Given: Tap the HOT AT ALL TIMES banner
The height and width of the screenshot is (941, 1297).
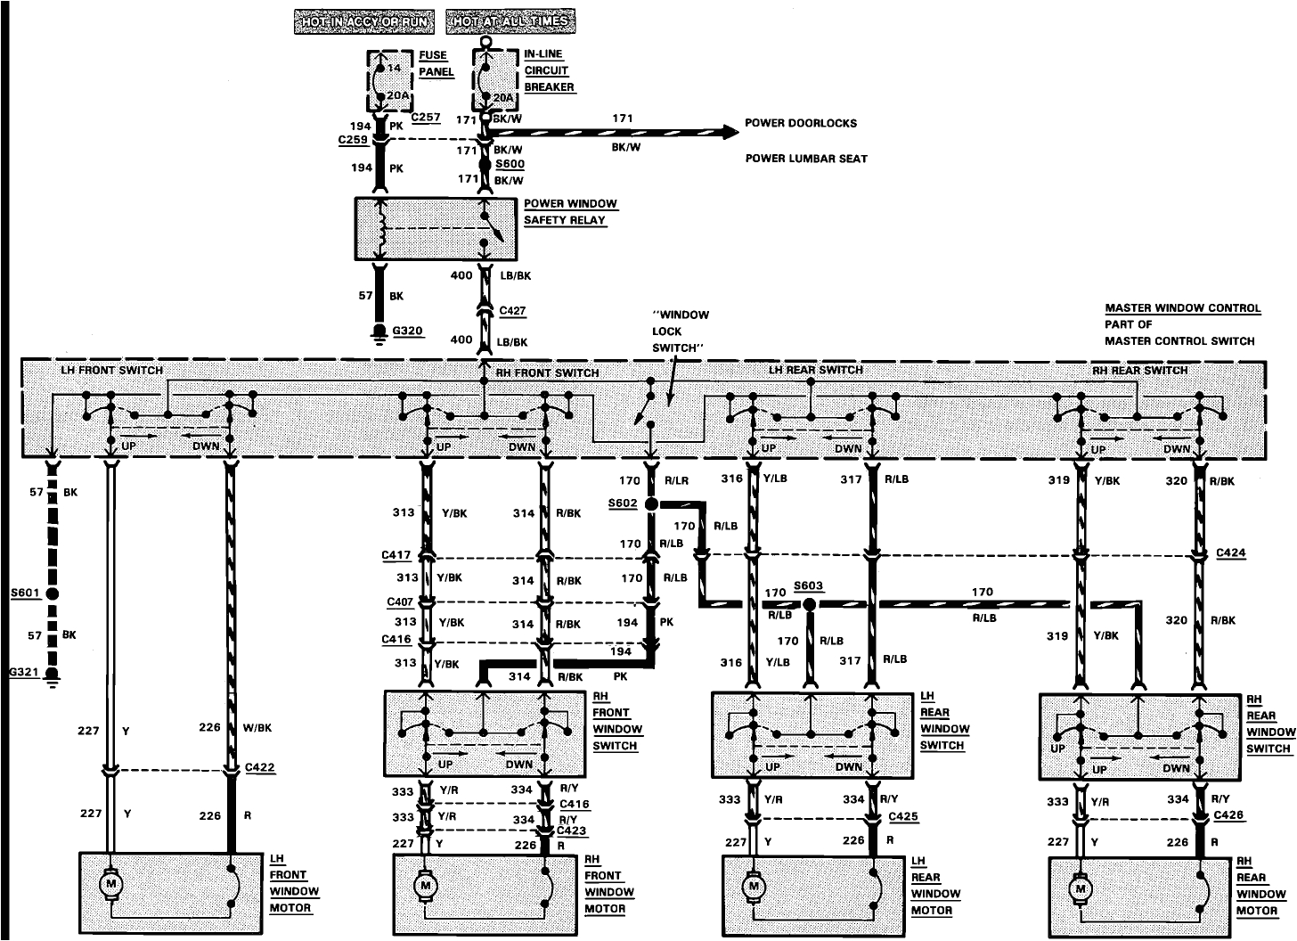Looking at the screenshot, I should [511, 21].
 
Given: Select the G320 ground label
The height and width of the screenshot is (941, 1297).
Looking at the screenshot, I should [407, 331].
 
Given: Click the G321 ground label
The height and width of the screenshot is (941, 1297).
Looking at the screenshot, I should [24, 673].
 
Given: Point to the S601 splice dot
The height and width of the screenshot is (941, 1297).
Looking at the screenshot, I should [53, 593].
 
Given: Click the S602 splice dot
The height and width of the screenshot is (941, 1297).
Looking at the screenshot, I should [651, 504].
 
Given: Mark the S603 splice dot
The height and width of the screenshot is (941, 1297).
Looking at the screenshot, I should [809, 604].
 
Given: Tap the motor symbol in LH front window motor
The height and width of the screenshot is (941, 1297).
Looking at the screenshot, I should [111, 883].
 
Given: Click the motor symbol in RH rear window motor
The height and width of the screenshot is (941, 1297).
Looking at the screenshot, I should [1081, 888].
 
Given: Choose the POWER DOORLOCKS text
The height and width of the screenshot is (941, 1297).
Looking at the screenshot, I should [801, 123].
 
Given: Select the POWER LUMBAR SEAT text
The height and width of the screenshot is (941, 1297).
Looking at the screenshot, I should [806, 159].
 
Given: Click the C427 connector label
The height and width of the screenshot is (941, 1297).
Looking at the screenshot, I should [512, 311].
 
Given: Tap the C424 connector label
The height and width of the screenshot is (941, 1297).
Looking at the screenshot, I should [1231, 552].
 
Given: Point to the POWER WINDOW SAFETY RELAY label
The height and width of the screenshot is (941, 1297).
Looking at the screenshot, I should [570, 212].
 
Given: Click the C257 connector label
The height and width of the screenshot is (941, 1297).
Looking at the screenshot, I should [426, 118].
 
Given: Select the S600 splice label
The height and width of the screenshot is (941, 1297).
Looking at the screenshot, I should [510, 164].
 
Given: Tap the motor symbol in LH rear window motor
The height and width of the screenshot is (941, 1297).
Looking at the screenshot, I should [754, 887].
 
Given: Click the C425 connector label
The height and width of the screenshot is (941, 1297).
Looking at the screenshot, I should [904, 816].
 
